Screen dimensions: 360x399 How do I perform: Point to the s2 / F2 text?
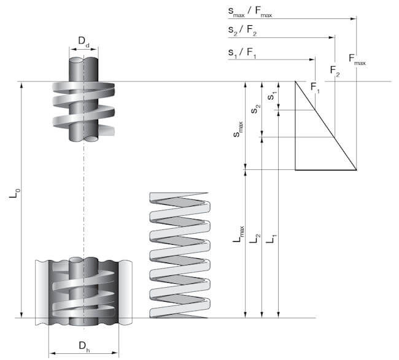point(242,31)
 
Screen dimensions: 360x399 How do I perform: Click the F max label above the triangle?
point(357,59)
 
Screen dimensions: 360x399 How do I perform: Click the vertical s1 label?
point(273,96)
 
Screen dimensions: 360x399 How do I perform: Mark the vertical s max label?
point(240,129)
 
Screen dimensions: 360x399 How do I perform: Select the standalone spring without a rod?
point(180,256)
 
